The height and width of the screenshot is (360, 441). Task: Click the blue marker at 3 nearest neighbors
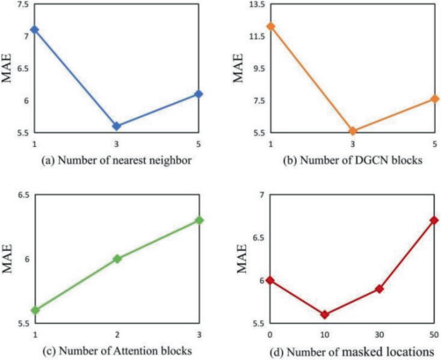[x=117, y=126]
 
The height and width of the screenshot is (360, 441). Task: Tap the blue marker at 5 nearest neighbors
[x=199, y=94]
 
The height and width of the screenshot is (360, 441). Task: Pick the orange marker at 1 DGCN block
[x=271, y=26]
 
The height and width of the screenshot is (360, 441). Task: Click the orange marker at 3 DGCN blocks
[x=353, y=131]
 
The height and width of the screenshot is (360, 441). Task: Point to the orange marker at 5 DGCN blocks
[x=435, y=99]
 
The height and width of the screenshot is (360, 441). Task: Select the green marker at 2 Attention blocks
[x=117, y=259]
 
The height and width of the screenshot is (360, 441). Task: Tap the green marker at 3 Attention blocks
[x=199, y=220]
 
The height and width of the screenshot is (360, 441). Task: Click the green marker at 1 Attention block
[x=35, y=310]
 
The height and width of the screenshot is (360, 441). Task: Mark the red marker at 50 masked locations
[x=435, y=220]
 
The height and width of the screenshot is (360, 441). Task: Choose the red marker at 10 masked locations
[x=325, y=314]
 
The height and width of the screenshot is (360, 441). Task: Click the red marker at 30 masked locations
[x=380, y=289]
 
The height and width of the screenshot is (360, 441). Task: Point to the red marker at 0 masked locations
[x=270, y=280]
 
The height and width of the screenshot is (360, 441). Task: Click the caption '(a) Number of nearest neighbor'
[x=116, y=161]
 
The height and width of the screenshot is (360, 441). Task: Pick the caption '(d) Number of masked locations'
[x=352, y=351]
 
